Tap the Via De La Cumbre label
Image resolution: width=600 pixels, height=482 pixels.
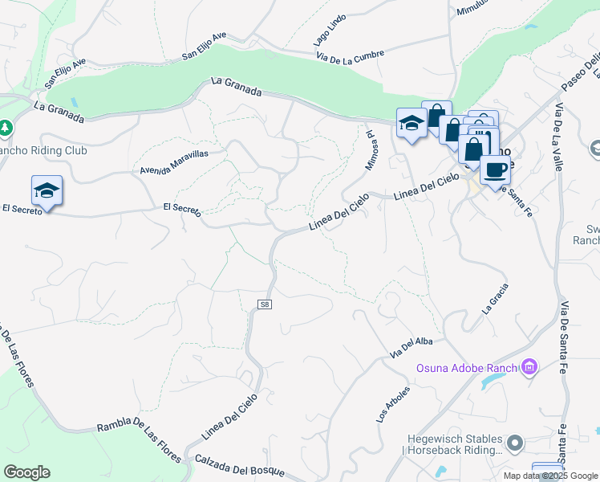[x=350, y=55]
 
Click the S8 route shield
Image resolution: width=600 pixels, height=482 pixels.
[x=265, y=305]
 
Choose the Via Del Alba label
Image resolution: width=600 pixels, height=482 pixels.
[x=411, y=347]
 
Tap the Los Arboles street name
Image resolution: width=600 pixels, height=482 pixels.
[x=393, y=404]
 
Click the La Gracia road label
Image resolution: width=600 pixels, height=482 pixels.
[x=495, y=297]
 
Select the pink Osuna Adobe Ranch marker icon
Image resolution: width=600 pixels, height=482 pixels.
[x=529, y=368]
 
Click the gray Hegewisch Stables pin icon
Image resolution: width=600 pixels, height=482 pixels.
[x=515, y=442]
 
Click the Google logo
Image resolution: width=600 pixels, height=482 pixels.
[x=26, y=472]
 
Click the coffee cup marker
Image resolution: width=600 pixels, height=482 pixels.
[x=495, y=170]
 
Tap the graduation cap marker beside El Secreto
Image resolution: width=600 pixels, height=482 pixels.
[x=47, y=190]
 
